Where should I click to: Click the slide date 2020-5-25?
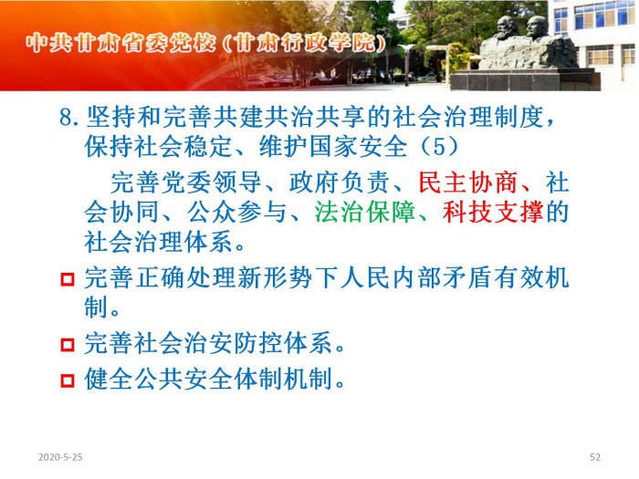pos(60,457)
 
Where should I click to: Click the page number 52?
pos(595,457)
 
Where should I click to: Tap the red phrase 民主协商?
pos(468,182)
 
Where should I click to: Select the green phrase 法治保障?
pos(365,212)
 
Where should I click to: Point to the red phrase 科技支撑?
pos(493,212)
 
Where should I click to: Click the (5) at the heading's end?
pos(438,147)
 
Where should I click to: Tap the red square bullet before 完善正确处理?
pos(68,279)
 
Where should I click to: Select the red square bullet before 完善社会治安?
pos(68,345)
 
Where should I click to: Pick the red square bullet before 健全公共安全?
pos(68,380)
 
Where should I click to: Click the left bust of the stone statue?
pos(507,28)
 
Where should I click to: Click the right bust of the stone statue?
pos(537,27)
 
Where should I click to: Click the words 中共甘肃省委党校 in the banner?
pos(120,43)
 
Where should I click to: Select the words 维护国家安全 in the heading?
pos(333,147)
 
